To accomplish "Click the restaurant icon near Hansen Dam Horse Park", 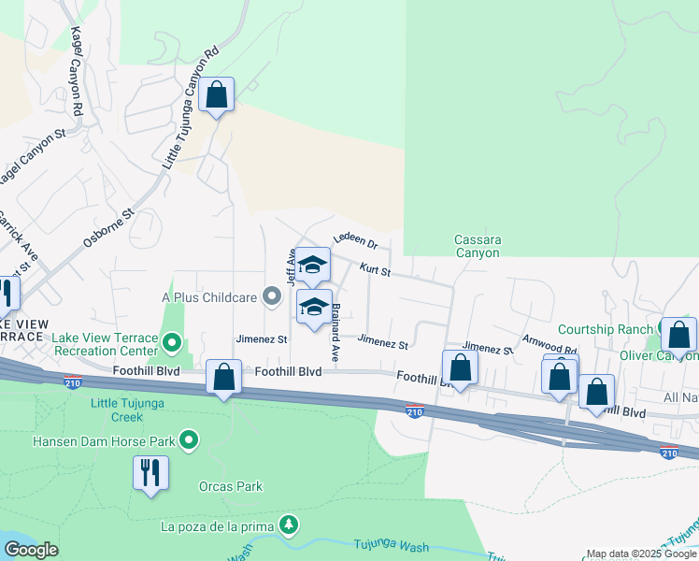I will click(150, 473).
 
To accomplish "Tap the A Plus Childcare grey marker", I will click(272, 297).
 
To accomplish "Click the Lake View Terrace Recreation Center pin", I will click(171, 343).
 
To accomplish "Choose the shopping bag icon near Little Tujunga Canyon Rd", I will click(216, 95).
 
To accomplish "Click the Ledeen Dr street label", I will click(354, 242).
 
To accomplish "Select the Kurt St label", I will click(374, 269).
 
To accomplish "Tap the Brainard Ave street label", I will click(335, 332).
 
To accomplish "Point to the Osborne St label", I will click(109, 227).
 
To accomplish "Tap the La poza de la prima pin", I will click(291, 525).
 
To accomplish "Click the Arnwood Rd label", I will click(549, 345).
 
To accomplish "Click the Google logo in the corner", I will click(31, 550).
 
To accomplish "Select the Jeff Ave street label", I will click(292, 267).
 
